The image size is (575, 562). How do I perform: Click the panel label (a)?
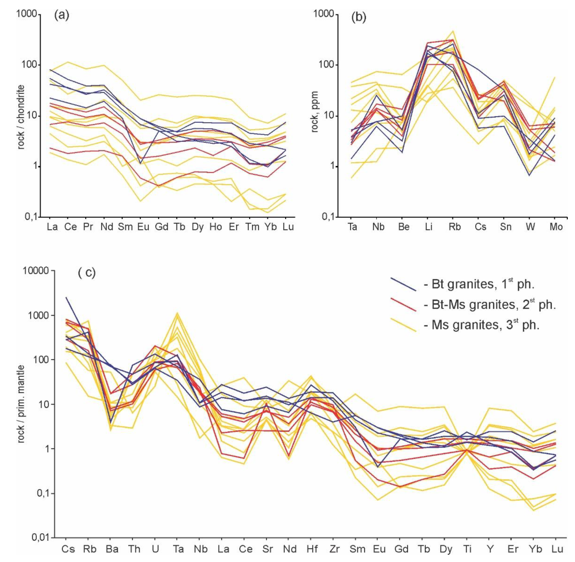62,15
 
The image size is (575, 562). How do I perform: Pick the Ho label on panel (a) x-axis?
215,227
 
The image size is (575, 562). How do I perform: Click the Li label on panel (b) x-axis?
429,227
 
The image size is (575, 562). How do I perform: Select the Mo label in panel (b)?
556,227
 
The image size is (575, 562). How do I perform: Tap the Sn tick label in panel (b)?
506,227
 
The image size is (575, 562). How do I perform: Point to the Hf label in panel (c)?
312,549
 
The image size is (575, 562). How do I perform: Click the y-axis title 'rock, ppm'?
315,112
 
